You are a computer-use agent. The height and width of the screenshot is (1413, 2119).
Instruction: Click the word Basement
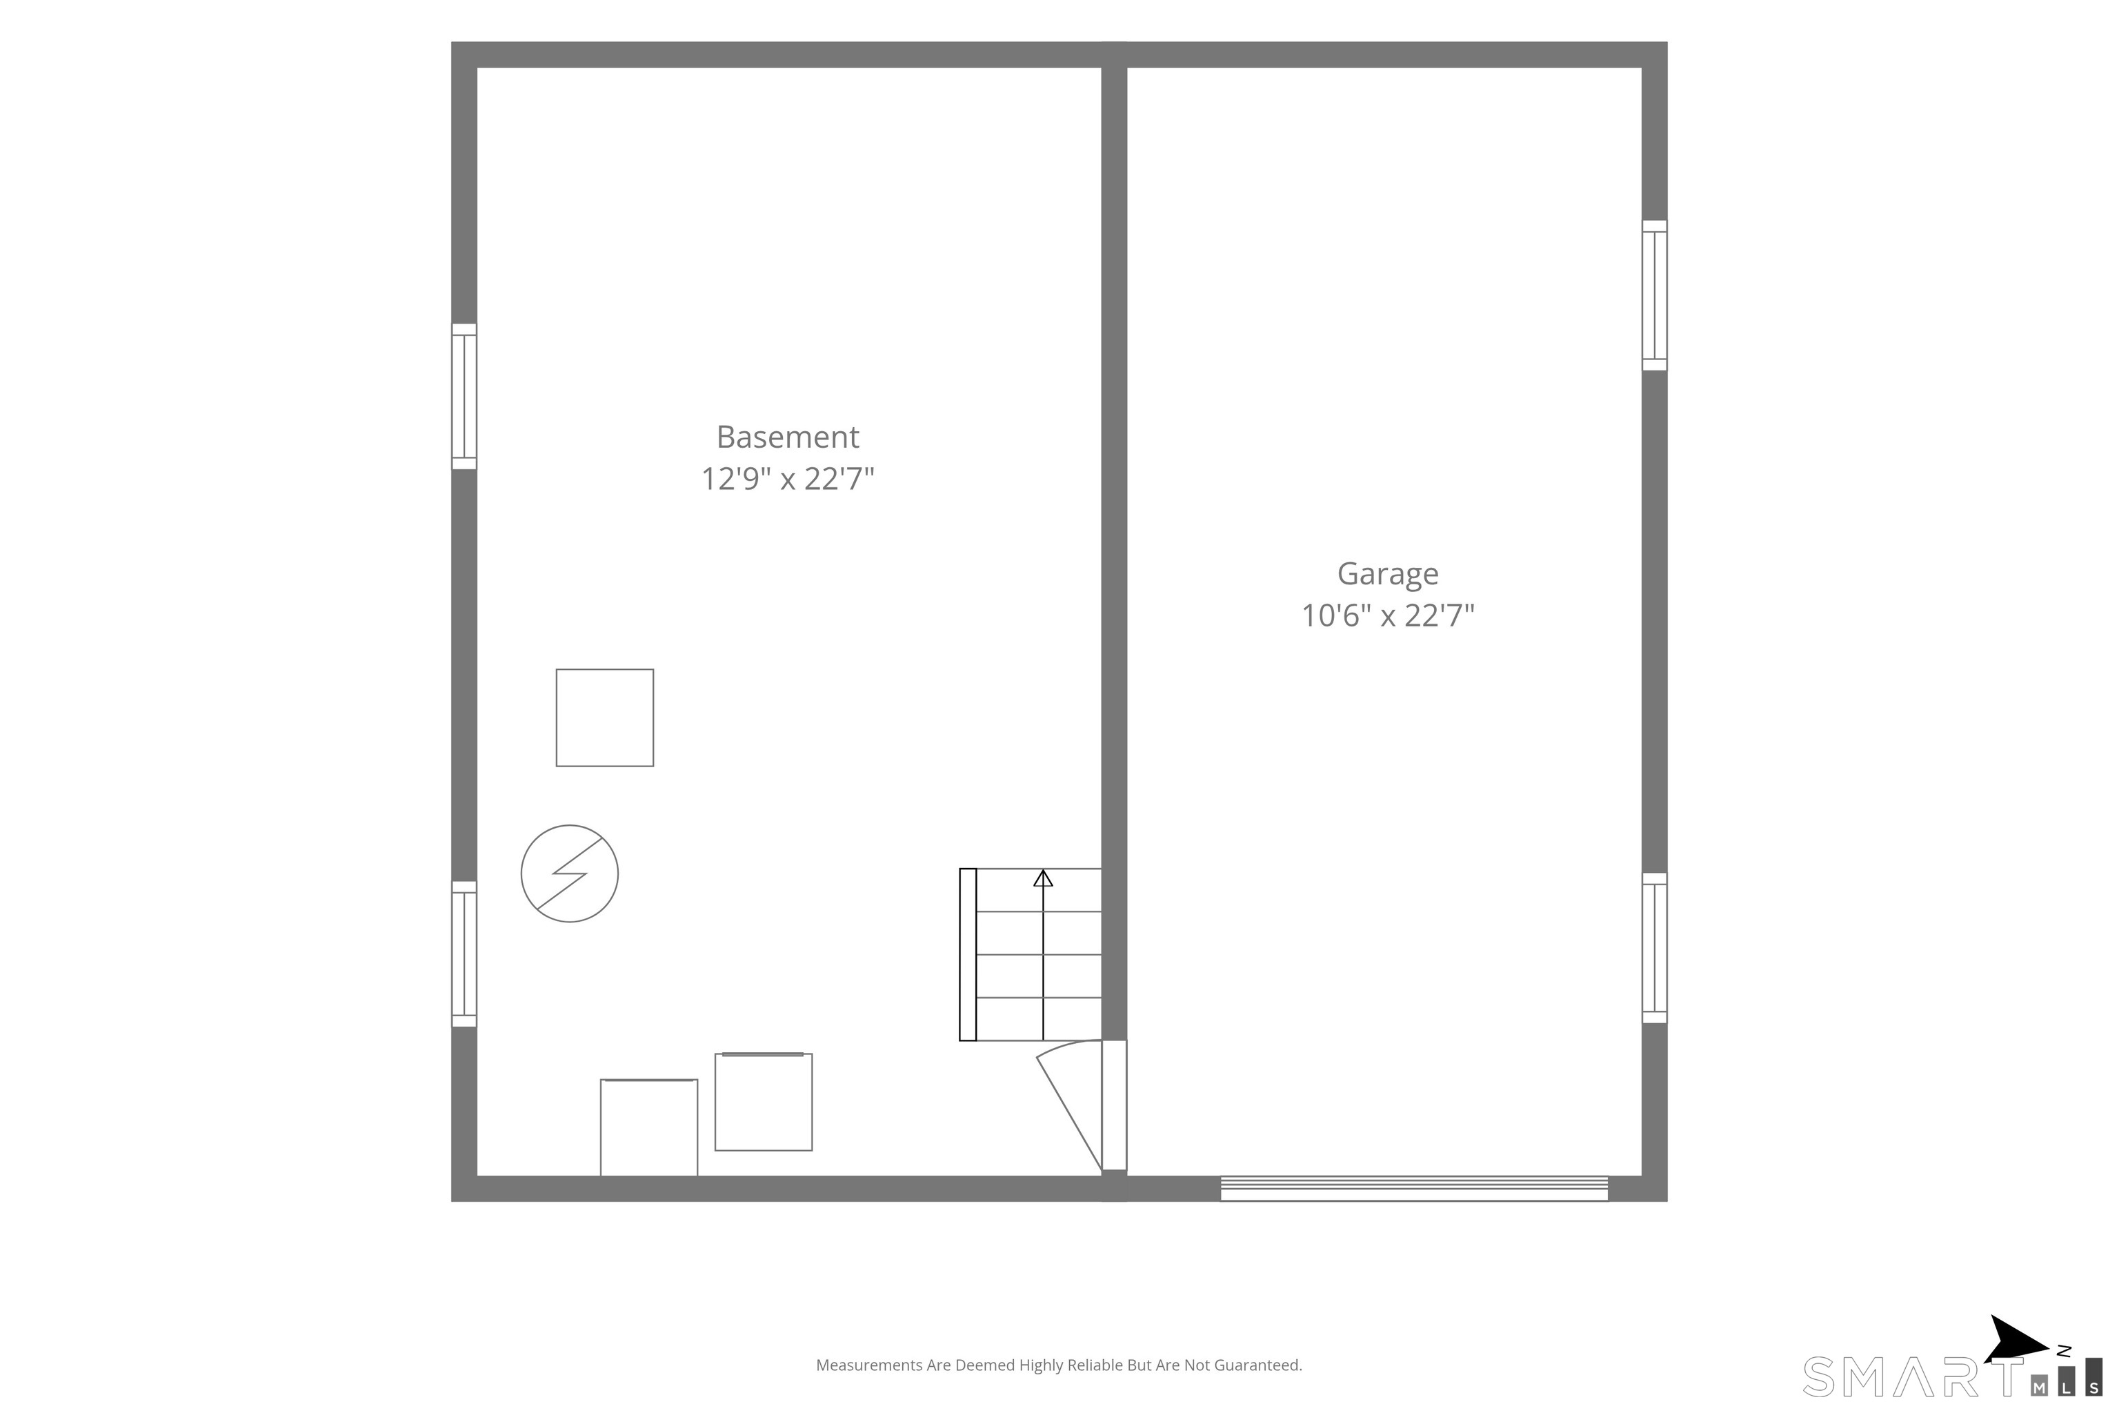point(788,437)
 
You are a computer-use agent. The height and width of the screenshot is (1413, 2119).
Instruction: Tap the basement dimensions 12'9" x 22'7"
point(788,479)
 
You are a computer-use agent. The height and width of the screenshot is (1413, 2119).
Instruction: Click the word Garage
point(1387,575)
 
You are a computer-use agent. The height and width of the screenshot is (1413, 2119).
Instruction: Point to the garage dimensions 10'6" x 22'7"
point(1387,615)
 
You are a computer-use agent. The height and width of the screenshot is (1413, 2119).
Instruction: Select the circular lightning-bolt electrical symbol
point(569,873)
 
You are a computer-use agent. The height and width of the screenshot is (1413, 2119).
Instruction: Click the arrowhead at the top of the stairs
point(1042,878)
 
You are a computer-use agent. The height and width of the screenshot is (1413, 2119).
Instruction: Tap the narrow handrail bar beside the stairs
point(968,954)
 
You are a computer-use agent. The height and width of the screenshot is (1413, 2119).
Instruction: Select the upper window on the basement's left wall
point(464,397)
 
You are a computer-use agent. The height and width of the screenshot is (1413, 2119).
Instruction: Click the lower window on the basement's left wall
point(464,953)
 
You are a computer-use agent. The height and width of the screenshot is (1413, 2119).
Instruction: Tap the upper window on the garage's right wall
point(1654,295)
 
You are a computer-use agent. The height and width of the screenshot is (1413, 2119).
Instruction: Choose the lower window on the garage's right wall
point(1654,947)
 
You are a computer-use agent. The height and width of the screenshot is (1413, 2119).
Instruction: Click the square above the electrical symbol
point(604,718)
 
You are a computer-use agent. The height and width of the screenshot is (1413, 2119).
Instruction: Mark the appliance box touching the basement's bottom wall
point(648,1127)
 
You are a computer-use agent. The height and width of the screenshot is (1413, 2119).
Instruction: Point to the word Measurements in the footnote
point(869,1365)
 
